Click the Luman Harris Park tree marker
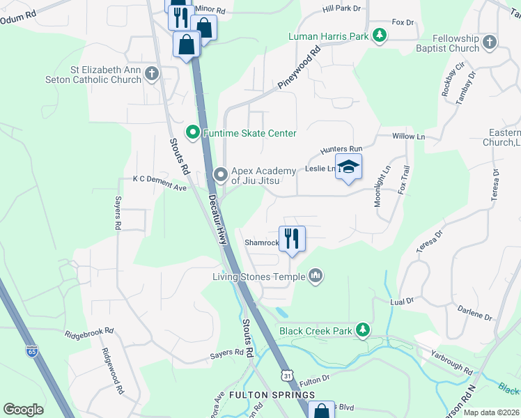[x=379, y=35]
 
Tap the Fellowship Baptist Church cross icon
[x=490, y=42]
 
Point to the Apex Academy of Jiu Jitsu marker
[x=221, y=174]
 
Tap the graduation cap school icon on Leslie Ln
[x=348, y=167]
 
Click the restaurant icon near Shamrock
[x=292, y=239]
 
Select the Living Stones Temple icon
[x=316, y=277]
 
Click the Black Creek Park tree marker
[x=361, y=330]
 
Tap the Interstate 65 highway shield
[x=32, y=351]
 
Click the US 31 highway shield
[x=288, y=376]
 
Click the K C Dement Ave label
[x=160, y=179]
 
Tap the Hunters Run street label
[x=341, y=149]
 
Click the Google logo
[x=23, y=410]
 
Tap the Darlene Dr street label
[x=475, y=311]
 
